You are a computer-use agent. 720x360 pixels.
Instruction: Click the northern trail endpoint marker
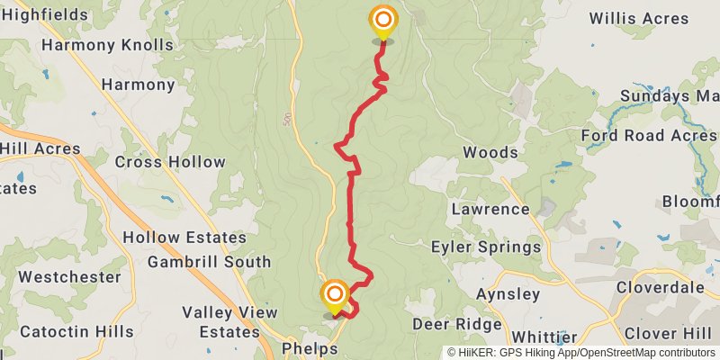click(383, 20)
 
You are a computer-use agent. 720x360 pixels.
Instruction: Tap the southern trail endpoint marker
click(335, 294)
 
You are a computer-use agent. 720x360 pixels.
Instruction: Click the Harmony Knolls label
click(107, 44)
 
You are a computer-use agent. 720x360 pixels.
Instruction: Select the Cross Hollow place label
click(170, 162)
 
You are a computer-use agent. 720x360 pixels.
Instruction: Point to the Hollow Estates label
click(184, 238)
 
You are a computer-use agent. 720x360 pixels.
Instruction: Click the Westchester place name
click(69, 276)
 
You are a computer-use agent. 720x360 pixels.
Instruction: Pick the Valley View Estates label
click(229, 321)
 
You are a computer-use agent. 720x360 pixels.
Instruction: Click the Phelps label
click(310, 347)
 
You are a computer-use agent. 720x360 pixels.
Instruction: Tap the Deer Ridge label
click(456, 324)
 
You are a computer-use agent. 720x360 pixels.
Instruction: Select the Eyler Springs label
click(486, 247)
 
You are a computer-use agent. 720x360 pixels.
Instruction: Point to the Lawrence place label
click(490, 209)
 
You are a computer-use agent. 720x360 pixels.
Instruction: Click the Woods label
click(490, 152)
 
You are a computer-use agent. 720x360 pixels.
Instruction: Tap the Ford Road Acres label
click(648, 136)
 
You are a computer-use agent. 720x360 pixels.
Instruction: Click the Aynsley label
click(508, 294)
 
